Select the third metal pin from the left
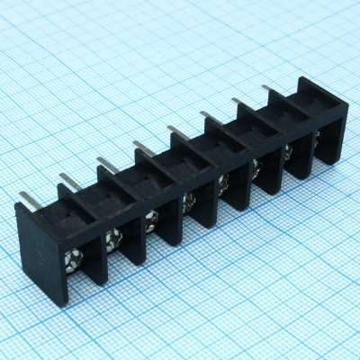point(104,164)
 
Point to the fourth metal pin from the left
point(140,146)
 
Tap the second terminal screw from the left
point(113,238)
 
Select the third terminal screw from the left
point(151,217)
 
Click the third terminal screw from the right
point(257,164)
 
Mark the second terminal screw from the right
point(289,149)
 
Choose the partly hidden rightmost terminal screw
point(316,136)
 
